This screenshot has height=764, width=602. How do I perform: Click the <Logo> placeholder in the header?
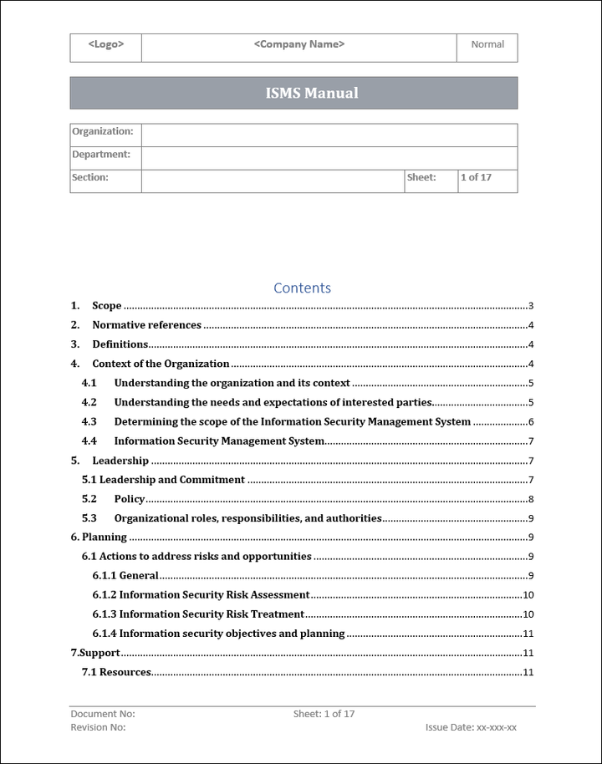pos(106,45)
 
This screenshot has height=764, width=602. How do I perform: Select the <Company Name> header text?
pos(298,45)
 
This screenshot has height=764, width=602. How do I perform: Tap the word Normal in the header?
pos(487,45)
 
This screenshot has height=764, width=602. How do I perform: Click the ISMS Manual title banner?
pos(293,93)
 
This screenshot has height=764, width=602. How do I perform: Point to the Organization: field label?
pos(103,132)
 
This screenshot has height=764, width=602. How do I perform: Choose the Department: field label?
pos(101,155)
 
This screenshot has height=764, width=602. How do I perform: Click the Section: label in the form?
pos(90,178)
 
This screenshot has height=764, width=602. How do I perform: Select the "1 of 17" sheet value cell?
pos(477,178)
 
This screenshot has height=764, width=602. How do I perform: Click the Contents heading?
pos(302,288)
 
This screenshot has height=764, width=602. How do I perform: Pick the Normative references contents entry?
pos(146,325)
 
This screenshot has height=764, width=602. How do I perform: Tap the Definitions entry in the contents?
pos(120,344)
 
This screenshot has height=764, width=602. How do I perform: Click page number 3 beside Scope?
pos(531,306)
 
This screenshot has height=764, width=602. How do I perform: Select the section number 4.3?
pos(89,422)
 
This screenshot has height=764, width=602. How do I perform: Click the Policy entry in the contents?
pos(130,499)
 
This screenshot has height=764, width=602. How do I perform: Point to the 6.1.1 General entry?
pos(125,576)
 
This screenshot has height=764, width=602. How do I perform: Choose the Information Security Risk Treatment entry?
pos(211,614)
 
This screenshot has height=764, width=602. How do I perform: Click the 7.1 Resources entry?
pos(116,672)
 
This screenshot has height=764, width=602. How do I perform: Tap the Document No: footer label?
pos(103,715)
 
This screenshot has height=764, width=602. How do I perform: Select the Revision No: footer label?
pos(99,728)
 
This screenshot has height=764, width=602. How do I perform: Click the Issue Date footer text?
pos(471,728)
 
